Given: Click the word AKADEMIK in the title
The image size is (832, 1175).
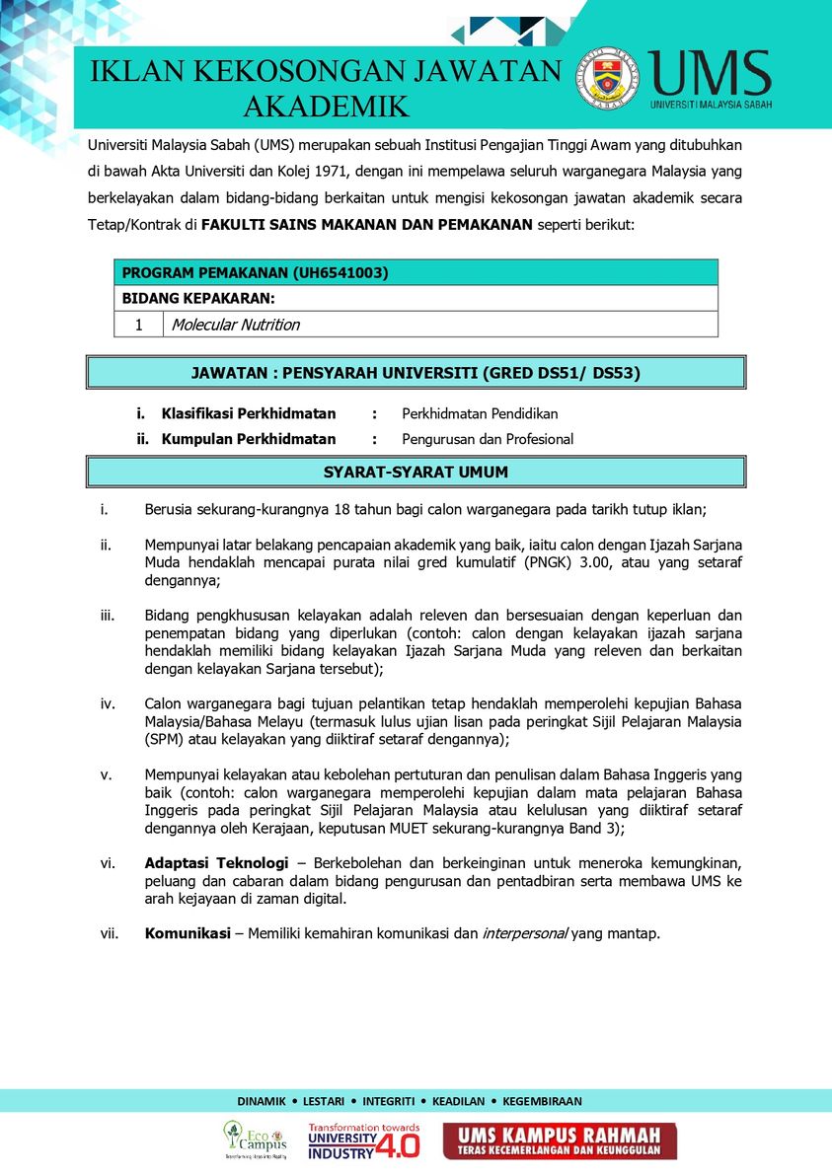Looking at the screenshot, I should [x=326, y=107].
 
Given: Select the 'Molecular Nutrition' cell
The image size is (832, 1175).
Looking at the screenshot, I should [x=236, y=325].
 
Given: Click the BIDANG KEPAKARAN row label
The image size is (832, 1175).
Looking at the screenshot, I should [x=198, y=298].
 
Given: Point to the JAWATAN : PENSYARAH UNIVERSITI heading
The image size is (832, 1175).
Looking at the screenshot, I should [x=416, y=373].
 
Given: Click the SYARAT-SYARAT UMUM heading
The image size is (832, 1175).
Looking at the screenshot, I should [x=416, y=473].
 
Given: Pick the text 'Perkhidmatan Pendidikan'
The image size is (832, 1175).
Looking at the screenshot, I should [x=480, y=413].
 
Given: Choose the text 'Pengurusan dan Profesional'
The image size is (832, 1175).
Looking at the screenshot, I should [x=488, y=439].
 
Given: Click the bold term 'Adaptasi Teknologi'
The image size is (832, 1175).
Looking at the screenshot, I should [x=216, y=862].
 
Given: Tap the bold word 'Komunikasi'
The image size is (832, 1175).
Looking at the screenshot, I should [x=188, y=933].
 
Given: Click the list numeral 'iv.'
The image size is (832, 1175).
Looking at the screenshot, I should [x=109, y=703].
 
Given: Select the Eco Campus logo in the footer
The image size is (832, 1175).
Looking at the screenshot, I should [x=255, y=1139].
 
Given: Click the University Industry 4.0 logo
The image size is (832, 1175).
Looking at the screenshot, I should [x=363, y=1140].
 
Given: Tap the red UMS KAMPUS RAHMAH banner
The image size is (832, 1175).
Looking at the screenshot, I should [x=560, y=1141].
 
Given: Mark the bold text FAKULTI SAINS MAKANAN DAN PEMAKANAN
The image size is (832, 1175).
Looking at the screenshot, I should [x=366, y=224].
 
